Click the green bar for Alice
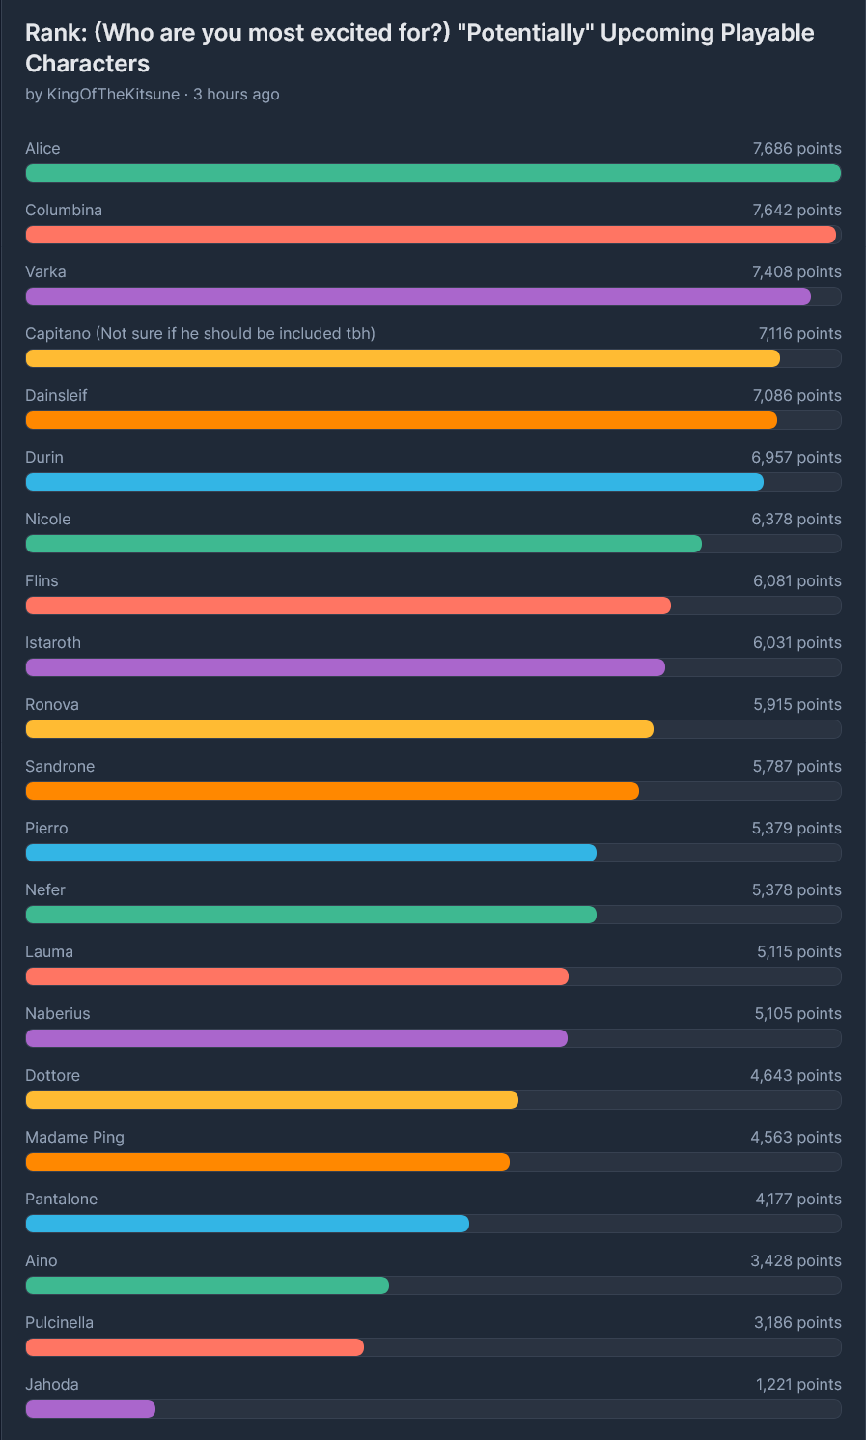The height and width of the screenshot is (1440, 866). (433, 173)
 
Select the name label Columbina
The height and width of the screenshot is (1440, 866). (64, 211)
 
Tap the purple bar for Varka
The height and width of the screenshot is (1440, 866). (417, 296)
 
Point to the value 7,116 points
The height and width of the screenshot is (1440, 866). (799, 334)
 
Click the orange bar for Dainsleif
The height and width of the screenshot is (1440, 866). (401, 420)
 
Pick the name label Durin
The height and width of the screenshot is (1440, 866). (44, 458)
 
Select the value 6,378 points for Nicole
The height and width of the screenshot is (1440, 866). (796, 520)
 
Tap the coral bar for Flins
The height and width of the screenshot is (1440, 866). (348, 606)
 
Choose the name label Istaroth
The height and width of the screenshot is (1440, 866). (53, 643)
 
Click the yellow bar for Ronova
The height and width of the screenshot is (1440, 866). (339, 729)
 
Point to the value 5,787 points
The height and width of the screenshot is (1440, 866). (796, 767)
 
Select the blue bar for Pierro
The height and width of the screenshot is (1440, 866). (310, 853)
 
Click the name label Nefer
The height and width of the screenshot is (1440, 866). (45, 890)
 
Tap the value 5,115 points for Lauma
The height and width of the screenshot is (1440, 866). (798, 952)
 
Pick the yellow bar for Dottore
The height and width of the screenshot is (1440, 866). (271, 1100)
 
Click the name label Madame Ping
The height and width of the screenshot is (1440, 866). (74, 1138)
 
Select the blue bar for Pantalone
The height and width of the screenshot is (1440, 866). (246, 1224)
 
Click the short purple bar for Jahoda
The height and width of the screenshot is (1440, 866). (90, 1409)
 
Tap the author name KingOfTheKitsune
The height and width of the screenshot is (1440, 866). (113, 95)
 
